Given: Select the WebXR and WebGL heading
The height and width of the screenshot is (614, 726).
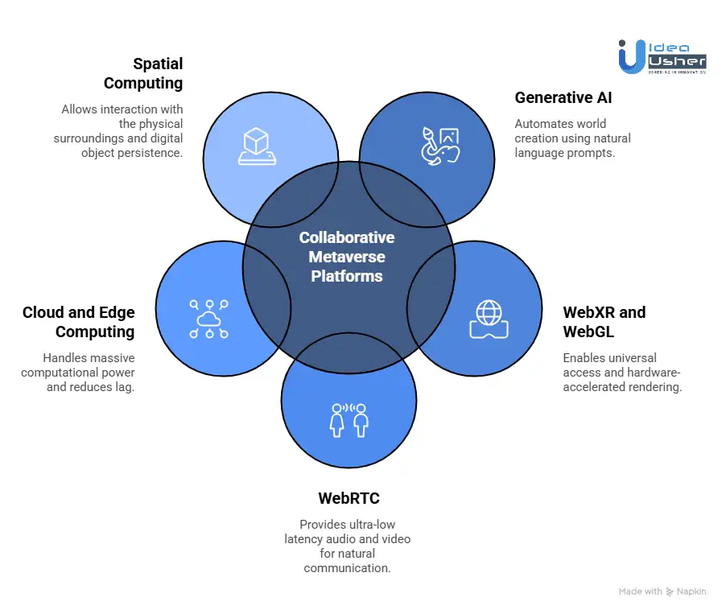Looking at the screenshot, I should (604, 322).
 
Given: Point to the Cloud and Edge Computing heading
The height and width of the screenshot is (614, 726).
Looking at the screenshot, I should (79, 322).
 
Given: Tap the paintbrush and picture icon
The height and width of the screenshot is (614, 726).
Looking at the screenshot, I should (440, 146).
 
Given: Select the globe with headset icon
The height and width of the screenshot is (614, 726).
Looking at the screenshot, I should (489, 319).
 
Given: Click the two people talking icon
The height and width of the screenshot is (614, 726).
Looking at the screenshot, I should (349, 420).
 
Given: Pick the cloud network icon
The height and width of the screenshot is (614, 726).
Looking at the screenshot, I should (209, 319).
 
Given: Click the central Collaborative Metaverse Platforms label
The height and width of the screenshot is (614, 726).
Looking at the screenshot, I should (347, 257).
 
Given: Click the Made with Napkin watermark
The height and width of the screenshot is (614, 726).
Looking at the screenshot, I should (662, 591).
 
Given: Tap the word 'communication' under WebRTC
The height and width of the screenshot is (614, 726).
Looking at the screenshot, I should (347, 568).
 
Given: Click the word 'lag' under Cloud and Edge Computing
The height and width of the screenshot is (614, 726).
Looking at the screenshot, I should (126, 386).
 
